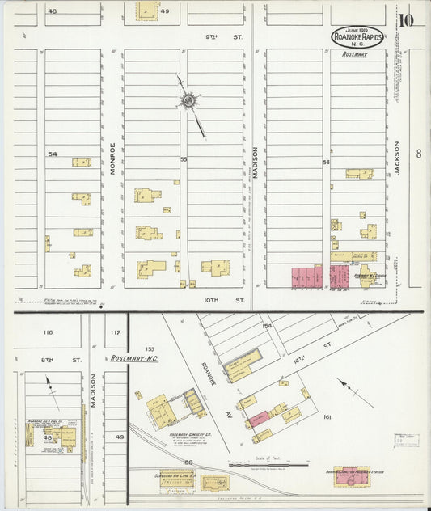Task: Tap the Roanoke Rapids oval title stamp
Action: pyautogui.click(x=357, y=36)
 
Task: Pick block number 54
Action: pyautogui.click(x=53, y=154)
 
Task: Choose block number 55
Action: pyautogui.click(x=184, y=159)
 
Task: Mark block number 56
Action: pyautogui.click(x=327, y=162)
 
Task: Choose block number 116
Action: pyautogui.click(x=48, y=332)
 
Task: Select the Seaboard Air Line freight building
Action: pyautogui.click(x=176, y=479)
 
